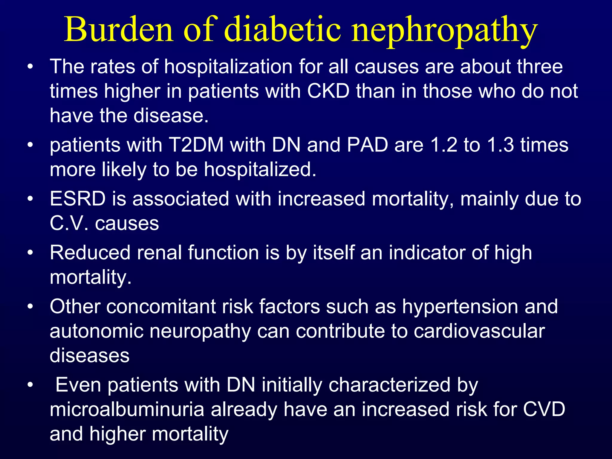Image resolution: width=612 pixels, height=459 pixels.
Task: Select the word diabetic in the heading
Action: (x=282, y=30)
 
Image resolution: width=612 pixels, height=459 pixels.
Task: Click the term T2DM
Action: (x=196, y=145)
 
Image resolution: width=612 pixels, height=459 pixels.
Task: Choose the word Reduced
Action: (x=90, y=253)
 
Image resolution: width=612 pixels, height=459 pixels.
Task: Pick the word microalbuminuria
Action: (x=127, y=410)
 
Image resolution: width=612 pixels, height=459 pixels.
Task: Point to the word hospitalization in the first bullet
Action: (x=228, y=67)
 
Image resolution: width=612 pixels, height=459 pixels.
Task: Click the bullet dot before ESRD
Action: (x=30, y=199)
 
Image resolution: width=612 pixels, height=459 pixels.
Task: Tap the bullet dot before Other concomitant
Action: (x=30, y=307)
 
